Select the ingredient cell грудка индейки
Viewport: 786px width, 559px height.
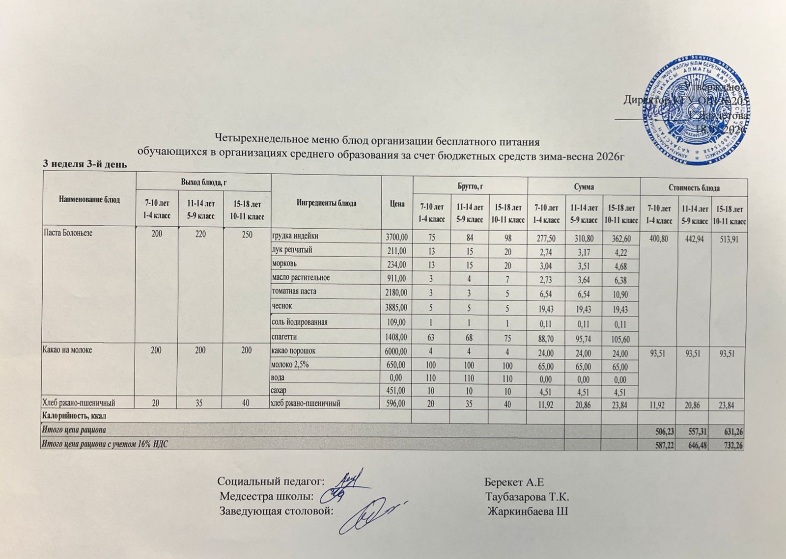(x=295, y=236)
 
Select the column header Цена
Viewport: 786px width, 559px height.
(x=397, y=203)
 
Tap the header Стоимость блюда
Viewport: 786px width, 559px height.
(x=693, y=187)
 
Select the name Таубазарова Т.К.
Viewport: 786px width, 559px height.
(x=527, y=496)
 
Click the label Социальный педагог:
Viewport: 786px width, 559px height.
(x=271, y=480)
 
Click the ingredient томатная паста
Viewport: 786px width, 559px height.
(x=294, y=292)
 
